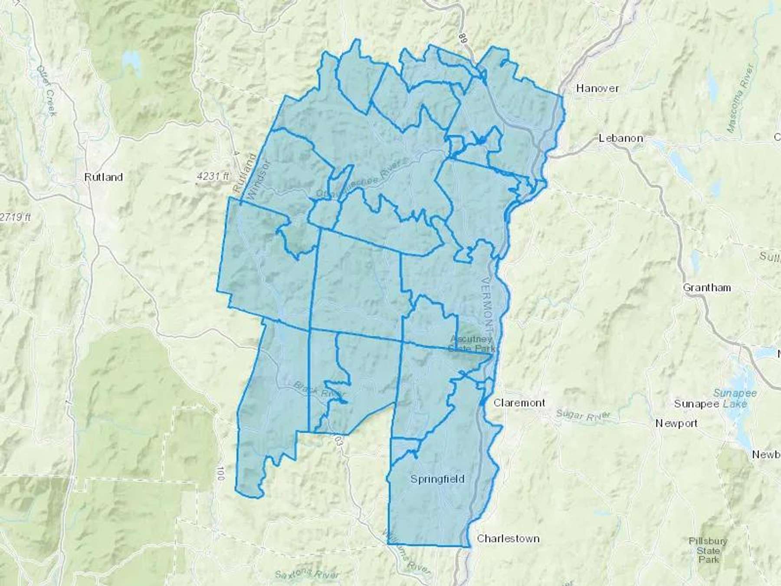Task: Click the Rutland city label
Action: pos(104,177)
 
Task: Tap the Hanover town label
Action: pos(597,89)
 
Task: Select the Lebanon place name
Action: pos(620,138)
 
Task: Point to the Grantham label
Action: pos(707,288)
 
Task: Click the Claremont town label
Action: pos(519,403)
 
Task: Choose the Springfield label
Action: pos(437,479)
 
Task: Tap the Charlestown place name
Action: pos(508,539)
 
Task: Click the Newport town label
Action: pos(676,423)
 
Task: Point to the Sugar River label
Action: pos(583,415)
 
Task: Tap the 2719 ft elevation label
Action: pos(15,217)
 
